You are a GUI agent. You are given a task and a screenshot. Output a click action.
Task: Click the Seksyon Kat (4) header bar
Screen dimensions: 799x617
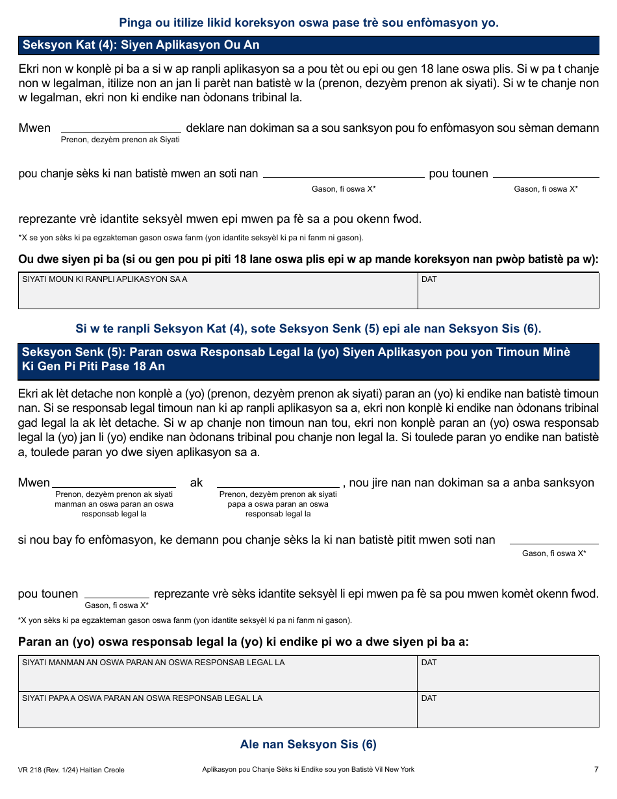click(308, 45)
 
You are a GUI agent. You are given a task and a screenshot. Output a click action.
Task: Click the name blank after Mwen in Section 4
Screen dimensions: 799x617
click(121, 127)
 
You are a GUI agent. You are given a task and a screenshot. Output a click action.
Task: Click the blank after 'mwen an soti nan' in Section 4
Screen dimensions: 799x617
click(343, 172)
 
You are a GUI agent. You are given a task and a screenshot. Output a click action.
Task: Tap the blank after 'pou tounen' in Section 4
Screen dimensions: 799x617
click(546, 172)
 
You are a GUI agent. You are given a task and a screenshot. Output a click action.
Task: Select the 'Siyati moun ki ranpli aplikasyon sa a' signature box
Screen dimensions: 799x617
click(218, 291)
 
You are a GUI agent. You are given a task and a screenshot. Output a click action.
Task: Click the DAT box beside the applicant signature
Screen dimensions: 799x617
click(508, 291)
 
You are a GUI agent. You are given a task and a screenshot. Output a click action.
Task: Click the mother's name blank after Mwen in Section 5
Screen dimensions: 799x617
click(114, 482)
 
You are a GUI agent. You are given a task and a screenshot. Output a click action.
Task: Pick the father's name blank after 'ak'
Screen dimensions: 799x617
click(278, 482)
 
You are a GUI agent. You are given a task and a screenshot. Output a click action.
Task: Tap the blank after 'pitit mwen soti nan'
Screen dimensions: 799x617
click(554, 539)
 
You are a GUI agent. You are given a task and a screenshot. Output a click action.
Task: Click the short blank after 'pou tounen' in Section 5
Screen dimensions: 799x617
click(117, 593)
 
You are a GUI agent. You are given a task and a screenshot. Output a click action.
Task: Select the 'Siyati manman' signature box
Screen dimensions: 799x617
click(218, 674)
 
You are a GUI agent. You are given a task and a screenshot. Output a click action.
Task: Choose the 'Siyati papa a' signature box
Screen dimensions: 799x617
click(218, 710)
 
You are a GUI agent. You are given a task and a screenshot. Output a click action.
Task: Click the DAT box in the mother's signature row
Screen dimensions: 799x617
click(508, 674)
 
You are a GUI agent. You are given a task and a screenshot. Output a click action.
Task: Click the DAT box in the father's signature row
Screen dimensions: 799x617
click(508, 710)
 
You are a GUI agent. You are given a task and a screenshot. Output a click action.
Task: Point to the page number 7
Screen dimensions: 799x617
click(596, 770)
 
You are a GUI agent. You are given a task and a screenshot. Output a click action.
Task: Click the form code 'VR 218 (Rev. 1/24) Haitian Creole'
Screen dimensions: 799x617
click(71, 770)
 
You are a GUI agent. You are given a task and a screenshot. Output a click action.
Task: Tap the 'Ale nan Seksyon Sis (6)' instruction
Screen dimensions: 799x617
click(308, 744)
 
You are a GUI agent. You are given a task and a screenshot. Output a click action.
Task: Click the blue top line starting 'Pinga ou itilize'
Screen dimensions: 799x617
click(308, 23)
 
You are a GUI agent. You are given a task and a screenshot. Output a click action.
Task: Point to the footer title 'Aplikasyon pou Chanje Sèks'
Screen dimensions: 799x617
click(308, 770)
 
